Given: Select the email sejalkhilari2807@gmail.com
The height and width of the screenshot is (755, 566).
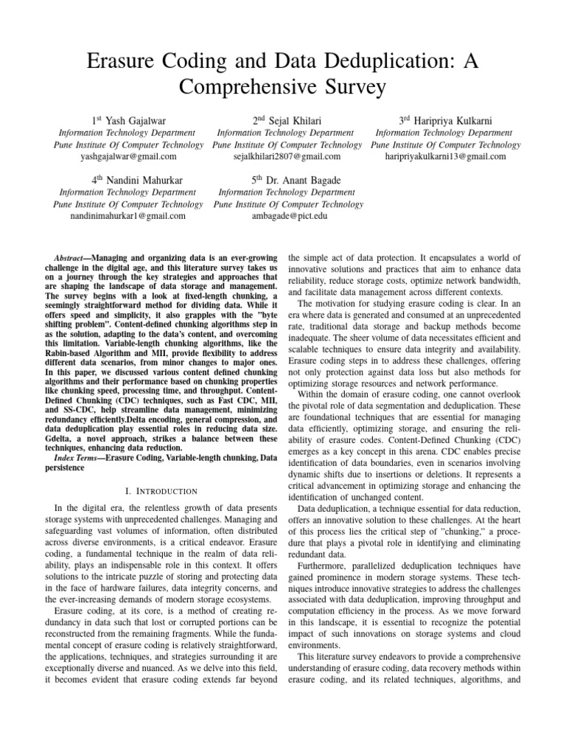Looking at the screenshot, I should pyautogui.click(x=287, y=156).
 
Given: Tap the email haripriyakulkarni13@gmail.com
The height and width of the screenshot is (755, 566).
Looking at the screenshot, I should pyautogui.click(x=445, y=156).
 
